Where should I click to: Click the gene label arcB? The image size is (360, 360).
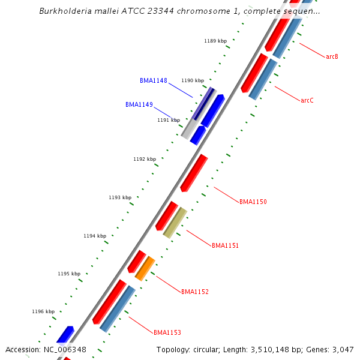pos(332,56)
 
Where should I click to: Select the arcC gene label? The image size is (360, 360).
pos(307,100)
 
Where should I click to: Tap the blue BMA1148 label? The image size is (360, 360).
pos(154,80)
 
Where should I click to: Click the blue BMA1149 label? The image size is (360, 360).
pos(139,104)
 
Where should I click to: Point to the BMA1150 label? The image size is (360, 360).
pos(253,202)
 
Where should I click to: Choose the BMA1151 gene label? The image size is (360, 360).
pos(225,245)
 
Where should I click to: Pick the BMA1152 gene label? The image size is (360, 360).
pos(195,292)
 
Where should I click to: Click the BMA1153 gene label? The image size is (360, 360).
pos(167,332)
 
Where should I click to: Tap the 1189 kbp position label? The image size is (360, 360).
pos(215,41)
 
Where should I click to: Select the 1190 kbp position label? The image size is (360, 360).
pos(193,80)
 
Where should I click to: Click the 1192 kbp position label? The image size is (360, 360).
pos(145,159)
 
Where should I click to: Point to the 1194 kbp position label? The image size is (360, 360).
pos(95,236)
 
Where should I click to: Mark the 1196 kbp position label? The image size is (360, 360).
pos(43,311)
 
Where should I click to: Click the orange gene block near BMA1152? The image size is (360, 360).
pos(145,268)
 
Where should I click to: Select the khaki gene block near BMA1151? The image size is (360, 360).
pos(175,222)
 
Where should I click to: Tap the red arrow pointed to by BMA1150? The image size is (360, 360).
pos(194,173)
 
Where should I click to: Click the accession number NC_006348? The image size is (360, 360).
pos(65,349)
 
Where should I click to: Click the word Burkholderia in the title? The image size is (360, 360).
pos(65,11)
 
